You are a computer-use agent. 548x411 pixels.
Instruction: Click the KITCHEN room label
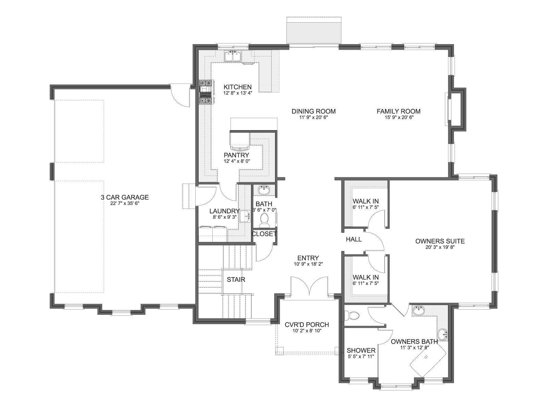coord(237,87)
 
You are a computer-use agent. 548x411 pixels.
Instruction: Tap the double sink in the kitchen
coord(233,56)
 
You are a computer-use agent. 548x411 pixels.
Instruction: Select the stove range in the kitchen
coord(206,92)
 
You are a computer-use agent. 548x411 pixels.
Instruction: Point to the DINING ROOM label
coord(314,111)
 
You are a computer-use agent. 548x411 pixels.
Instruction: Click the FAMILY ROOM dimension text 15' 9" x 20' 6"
coord(399,117)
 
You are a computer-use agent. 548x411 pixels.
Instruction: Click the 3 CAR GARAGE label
coord(125,197)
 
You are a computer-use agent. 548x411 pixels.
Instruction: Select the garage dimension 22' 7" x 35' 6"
coord(125,203)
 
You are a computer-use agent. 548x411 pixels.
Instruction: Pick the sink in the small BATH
coord(264,190)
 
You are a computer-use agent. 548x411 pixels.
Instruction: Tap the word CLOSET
coord(264,234)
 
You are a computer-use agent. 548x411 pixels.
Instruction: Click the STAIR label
coord(236,280)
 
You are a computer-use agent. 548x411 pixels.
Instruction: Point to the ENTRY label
coord(308,258)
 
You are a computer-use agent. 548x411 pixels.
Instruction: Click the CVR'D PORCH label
coord(307,325)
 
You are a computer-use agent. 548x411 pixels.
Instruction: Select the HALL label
coord(354,239)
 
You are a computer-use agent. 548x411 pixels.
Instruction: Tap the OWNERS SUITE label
coord(440,241)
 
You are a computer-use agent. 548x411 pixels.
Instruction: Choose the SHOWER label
coord(361,351)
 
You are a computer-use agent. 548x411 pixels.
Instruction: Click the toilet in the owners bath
coord(351,316)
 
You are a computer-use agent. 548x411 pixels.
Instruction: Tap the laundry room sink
coord(245,216)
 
